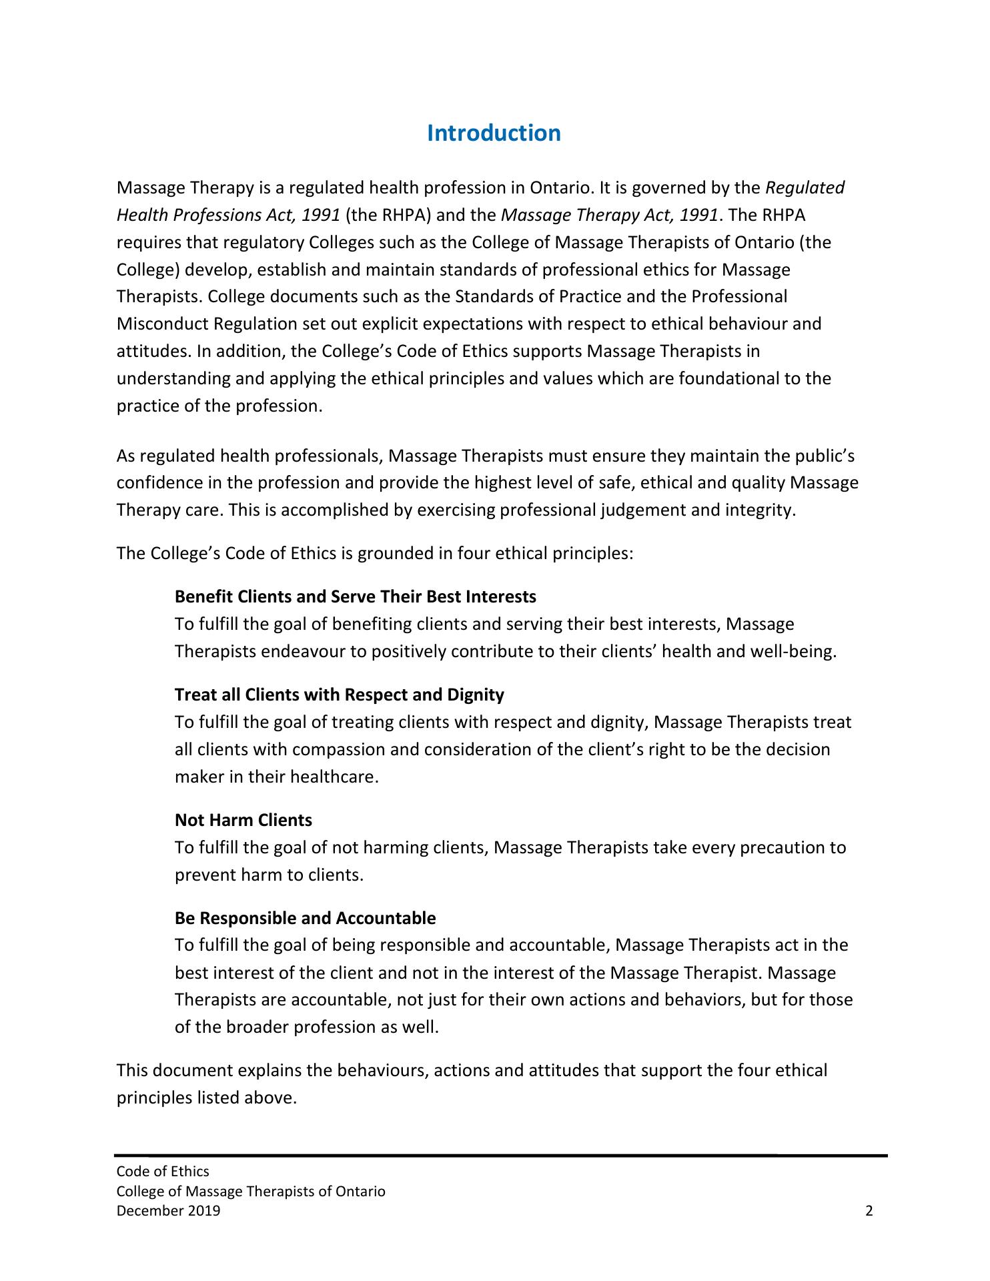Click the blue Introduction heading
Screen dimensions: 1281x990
tap(494, 133)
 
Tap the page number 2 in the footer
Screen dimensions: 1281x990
tap(869, 1211)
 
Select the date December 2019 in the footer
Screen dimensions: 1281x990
tap(168, 1211)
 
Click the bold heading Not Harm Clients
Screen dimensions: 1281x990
tap(243, 820)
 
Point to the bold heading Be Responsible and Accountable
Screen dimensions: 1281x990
tap(305, 919)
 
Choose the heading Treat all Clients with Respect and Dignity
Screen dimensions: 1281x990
tap(339, 695)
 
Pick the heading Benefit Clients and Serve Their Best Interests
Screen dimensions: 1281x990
tap(355, 596)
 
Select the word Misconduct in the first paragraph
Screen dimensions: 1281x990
tap(163, 324)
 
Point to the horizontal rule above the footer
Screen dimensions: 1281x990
tap(500, 1155)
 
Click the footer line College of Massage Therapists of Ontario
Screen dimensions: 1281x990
tap(251, 1192)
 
